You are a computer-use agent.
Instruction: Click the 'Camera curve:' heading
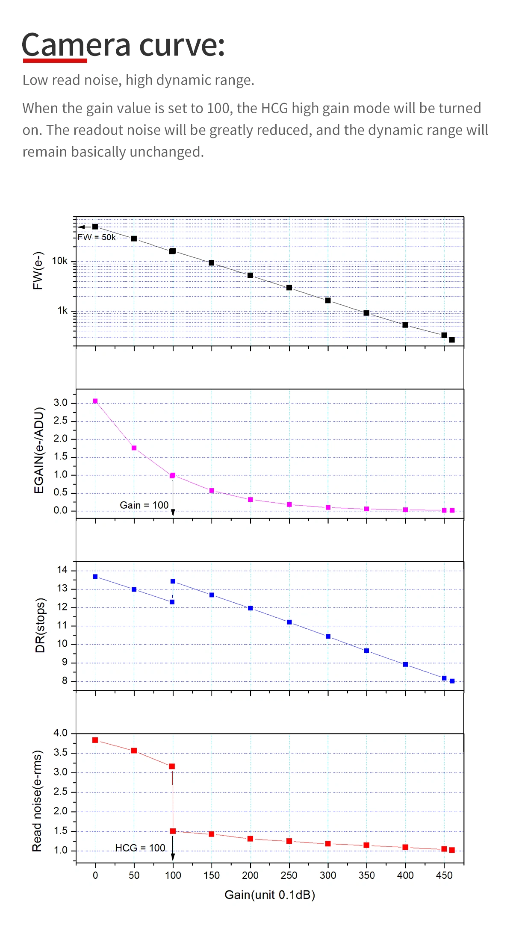123,45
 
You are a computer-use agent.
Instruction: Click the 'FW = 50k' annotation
97,237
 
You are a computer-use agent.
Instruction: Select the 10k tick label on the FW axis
59,261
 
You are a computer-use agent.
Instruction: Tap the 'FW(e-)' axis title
38,271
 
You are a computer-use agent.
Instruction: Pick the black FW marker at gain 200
251,275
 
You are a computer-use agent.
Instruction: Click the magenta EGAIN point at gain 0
95,401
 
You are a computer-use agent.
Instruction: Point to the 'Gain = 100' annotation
144,505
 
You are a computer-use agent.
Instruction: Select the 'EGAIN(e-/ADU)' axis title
39,450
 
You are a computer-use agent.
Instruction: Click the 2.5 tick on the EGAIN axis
60,421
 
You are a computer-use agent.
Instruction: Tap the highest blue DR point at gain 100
173,581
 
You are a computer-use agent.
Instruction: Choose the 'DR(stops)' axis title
40,625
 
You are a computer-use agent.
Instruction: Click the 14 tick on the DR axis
62,570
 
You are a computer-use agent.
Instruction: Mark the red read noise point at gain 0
95,740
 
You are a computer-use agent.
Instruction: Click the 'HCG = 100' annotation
140,848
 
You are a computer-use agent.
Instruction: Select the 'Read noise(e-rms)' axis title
37,800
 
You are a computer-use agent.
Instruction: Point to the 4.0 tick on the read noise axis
60,733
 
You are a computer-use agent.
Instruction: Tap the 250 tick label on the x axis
289,875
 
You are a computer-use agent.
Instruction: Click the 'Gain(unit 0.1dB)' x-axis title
270,895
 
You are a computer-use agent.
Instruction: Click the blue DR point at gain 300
328,636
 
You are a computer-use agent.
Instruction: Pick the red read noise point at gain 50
134,751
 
